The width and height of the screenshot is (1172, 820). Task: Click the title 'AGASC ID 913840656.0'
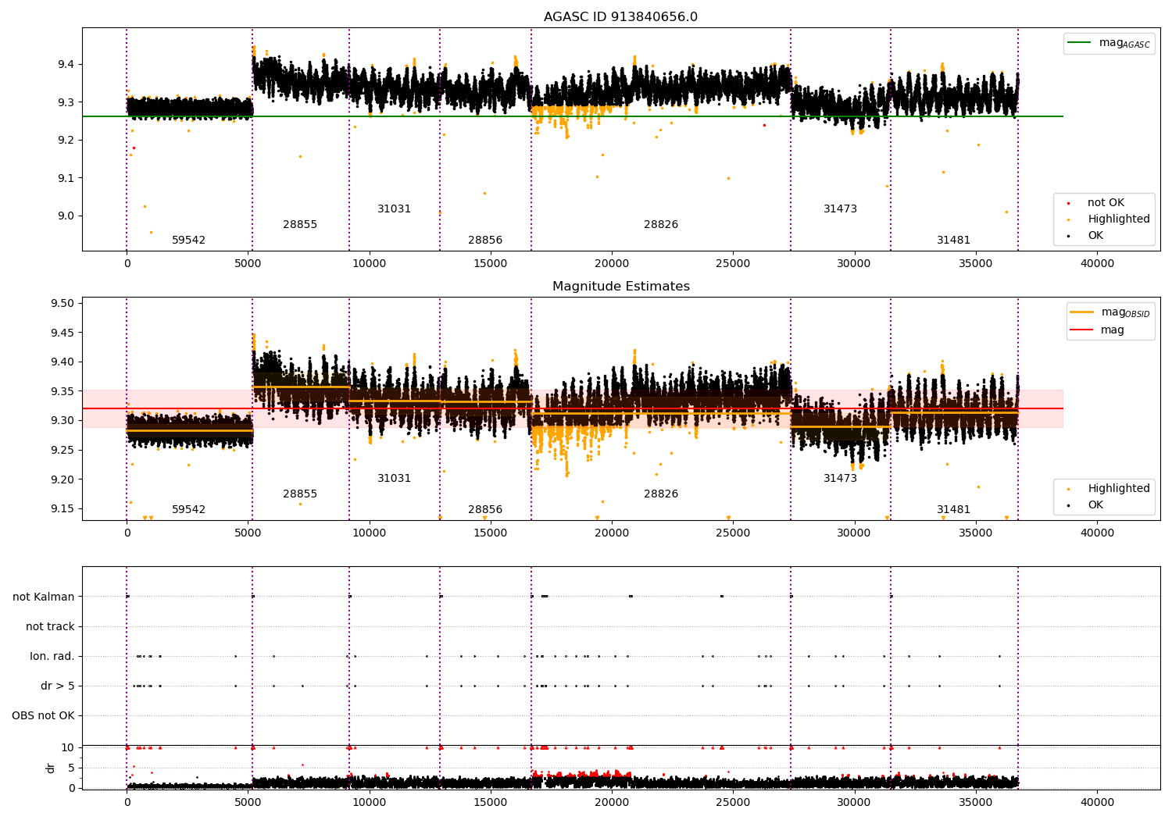click(620, 17)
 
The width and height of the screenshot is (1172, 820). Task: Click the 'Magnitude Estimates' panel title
click(620, 287)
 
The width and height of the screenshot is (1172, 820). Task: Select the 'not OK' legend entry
click(1106, 203)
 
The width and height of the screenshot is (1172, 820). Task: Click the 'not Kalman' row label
click(44, 597)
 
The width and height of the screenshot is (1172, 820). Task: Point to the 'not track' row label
click(50, 626)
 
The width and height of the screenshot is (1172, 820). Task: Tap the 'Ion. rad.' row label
click(52, 656)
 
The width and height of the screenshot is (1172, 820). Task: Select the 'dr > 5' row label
click(58, 686)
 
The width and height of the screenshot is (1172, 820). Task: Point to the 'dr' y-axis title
click(51, 768)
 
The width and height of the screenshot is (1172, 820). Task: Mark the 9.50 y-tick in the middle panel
click(63, 303)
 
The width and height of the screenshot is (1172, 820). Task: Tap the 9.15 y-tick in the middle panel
click(63, 508)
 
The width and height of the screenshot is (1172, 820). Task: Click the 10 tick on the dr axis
click(68, 747)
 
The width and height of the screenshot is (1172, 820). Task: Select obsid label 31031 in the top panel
click(394, 209)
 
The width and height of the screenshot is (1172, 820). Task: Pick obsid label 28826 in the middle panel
click(661, 494)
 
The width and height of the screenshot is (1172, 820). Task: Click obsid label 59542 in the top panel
click(188, 241)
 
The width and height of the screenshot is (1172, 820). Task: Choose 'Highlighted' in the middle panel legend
click(1118, 489)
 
